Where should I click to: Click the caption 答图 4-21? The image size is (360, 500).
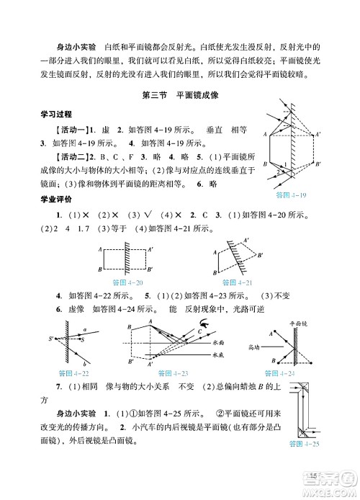click(x=235, y=281)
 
